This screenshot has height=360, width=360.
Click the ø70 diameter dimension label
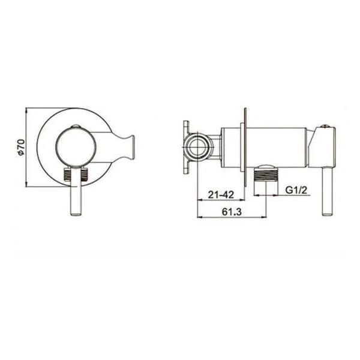21,147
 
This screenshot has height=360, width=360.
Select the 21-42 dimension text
221,194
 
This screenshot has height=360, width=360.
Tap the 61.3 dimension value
232,212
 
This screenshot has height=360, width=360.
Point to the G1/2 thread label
296,190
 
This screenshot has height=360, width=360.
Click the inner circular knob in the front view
76,146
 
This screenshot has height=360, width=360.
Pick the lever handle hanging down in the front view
76,191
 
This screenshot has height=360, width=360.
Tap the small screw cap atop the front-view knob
76,126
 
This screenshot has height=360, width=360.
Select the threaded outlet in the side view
266,175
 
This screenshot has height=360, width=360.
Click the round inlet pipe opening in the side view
197,147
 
